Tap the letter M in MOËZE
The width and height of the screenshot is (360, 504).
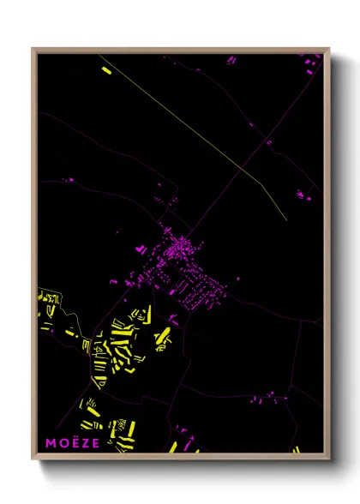51,443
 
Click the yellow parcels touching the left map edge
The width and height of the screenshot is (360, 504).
47,300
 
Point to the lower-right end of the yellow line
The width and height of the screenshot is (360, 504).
287,217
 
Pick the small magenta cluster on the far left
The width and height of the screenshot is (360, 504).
69,180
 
